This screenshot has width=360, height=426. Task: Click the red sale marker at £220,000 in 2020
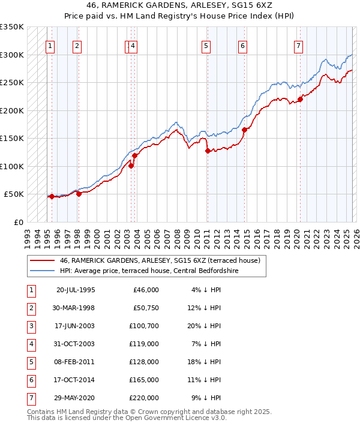point(300,99)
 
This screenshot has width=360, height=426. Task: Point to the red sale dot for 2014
point(244,130)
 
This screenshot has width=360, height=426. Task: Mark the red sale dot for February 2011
point(208,151)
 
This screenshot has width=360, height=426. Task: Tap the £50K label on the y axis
point(14,194)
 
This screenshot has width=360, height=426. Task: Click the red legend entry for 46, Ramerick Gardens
point(159,261)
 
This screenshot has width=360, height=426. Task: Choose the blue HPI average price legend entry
point(149,271)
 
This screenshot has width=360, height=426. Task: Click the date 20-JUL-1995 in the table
point(76,289)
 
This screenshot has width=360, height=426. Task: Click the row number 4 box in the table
point(31,343)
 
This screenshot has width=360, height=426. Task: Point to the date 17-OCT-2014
point(76,379)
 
